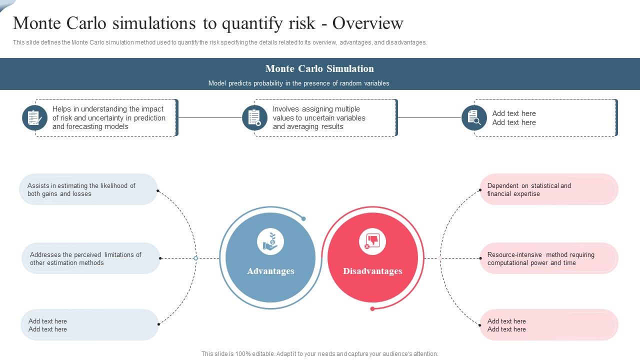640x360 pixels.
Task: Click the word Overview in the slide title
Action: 367,23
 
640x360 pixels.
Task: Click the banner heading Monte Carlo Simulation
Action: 319,68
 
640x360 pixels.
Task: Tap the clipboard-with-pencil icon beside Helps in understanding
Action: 34,117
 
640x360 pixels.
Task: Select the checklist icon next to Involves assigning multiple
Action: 254,117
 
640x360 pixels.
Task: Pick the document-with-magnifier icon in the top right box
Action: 474,117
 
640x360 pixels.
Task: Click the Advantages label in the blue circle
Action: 270,271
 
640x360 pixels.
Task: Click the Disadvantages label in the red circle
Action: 372,271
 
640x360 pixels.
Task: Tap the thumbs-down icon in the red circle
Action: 372,241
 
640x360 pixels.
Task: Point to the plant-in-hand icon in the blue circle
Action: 270,241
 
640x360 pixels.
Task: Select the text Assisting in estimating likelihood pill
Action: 88,189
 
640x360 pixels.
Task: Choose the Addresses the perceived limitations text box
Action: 91,258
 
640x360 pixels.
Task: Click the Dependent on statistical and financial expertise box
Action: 549,189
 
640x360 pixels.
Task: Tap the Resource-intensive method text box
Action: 549,258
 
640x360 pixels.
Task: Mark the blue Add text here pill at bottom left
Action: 89,324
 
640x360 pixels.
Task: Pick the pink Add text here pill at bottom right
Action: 549,324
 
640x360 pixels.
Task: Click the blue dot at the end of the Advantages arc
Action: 303,219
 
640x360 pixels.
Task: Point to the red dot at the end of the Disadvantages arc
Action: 372,309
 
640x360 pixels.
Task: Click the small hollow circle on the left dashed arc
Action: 195,258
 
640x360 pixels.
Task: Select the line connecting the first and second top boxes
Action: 210,117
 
